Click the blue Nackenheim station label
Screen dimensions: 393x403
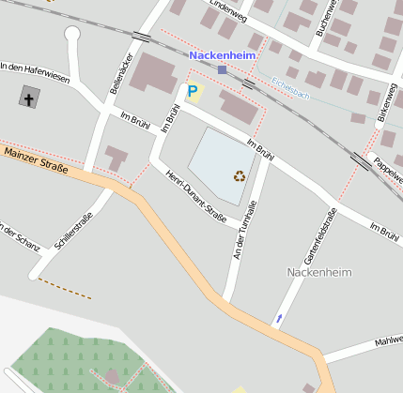(x=222, y=56)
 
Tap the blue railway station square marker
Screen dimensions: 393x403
(x=222, y=69)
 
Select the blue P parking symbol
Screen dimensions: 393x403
(x=193, y=92)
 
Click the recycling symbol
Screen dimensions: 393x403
(x=240, y=175)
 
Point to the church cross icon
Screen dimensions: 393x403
(x=28, y=98)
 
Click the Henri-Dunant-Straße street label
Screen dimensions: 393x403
(x=195, y=197)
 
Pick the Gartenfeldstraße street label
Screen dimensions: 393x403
(x=320, y=236)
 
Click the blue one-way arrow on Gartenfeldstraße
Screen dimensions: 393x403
(x=277, y=321)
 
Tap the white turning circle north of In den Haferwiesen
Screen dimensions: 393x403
(x=72, y=35)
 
